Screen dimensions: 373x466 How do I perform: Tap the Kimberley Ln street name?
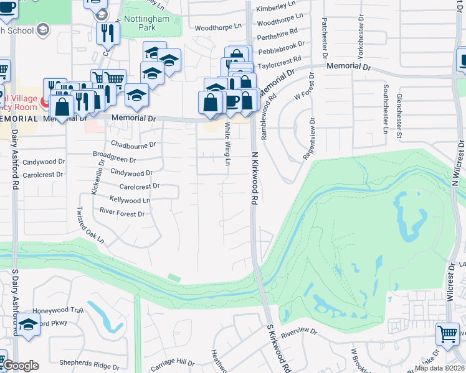click(x=275, y=7)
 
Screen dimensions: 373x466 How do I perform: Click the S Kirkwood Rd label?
click(x=278, y=349)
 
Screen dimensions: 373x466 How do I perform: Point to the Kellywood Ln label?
click(x=130, y=200)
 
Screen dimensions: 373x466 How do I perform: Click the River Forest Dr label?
click(x=122, y=213)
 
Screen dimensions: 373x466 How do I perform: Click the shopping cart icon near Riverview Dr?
click(x=447, y=333)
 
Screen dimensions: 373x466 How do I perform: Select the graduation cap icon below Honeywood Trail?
click(x=27, y=325)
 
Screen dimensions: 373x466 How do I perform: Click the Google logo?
click(x=20, y=366)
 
